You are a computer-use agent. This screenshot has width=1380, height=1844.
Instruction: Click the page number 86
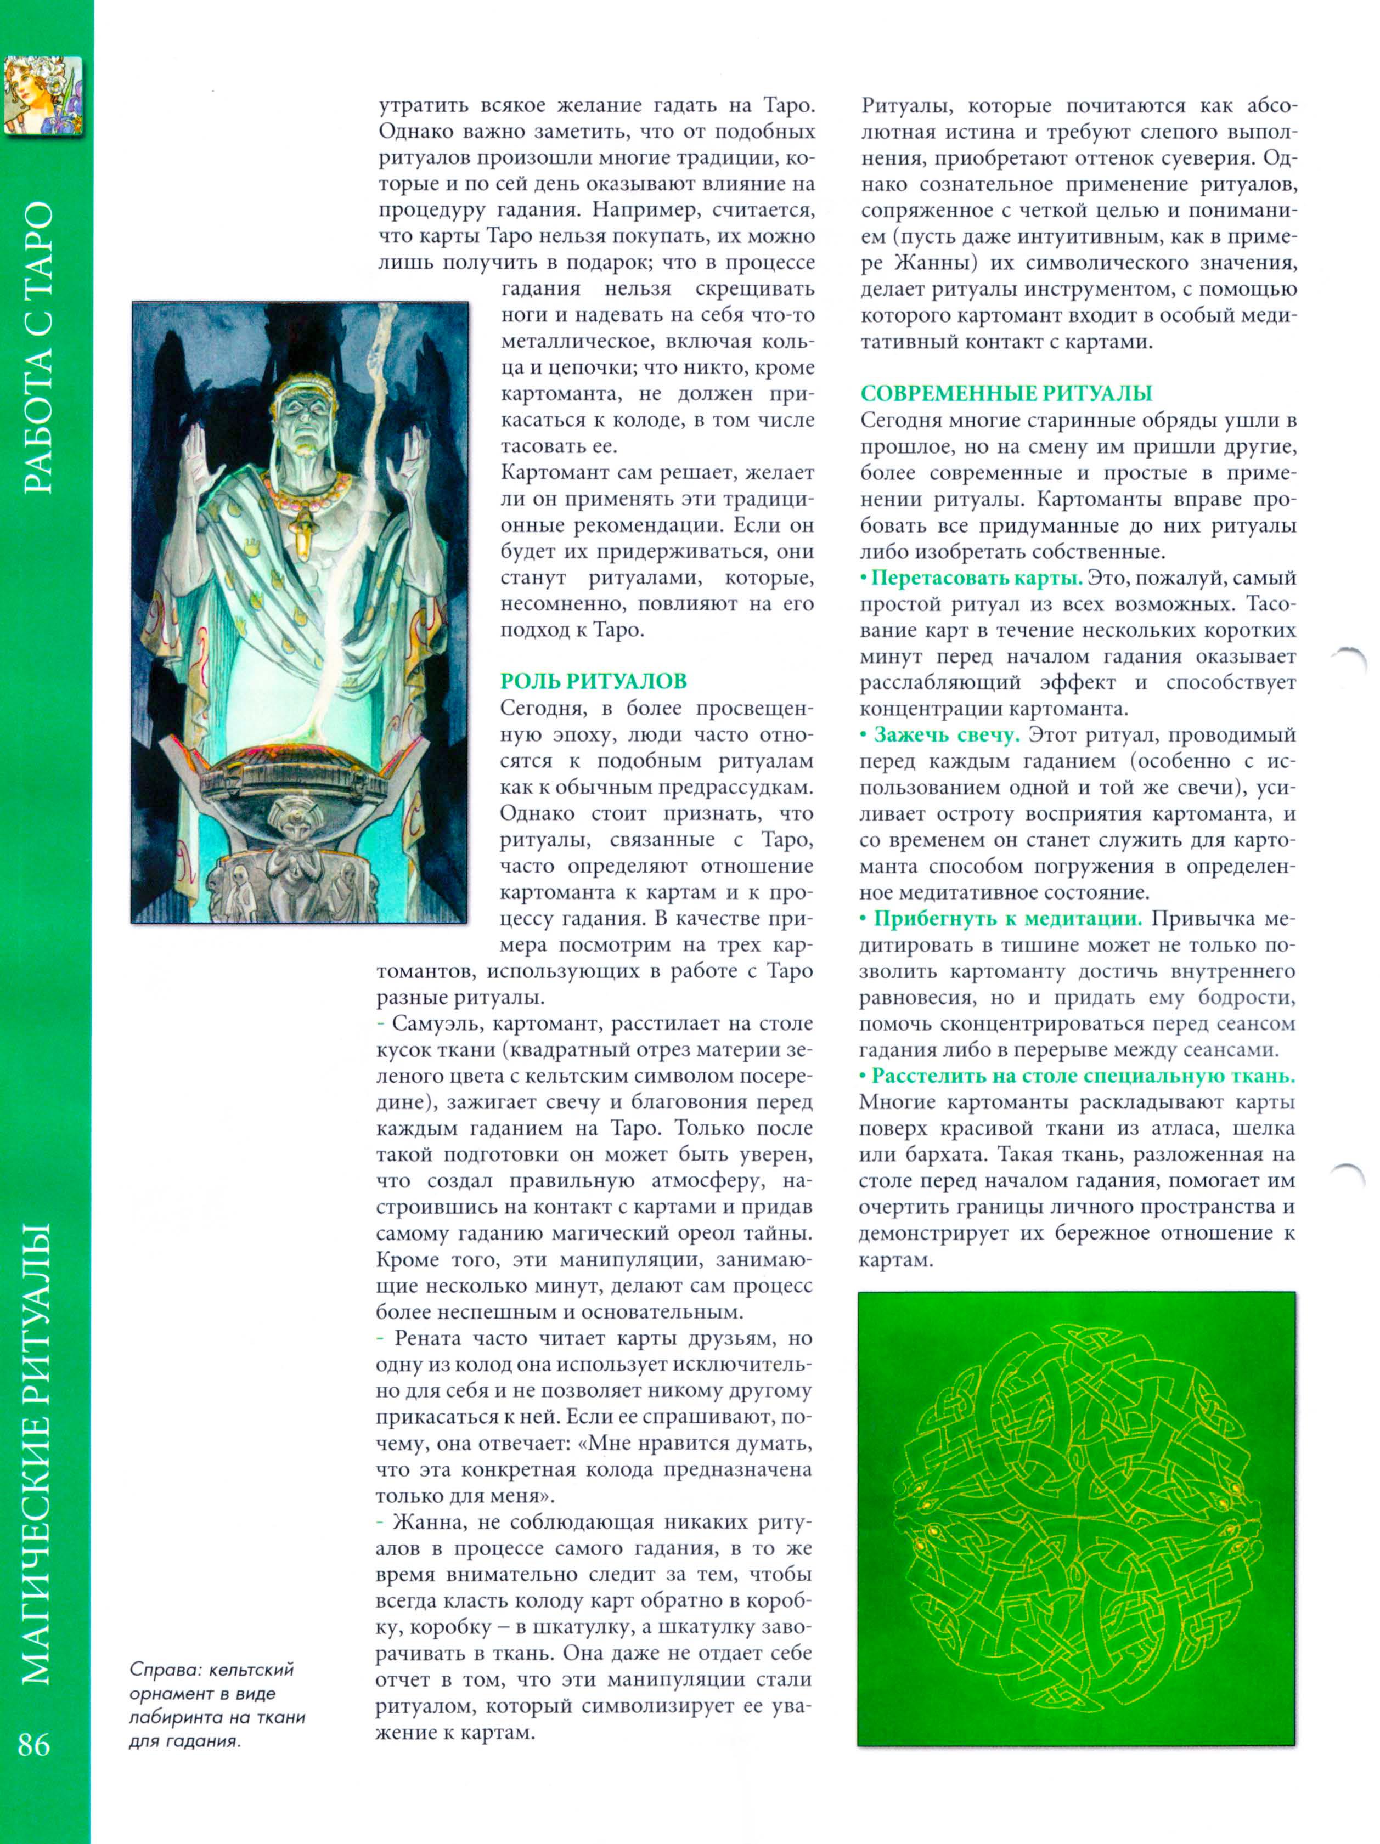34,1744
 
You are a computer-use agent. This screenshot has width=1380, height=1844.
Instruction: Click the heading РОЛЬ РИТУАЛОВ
593,681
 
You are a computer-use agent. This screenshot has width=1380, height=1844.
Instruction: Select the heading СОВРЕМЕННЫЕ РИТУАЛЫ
1006,393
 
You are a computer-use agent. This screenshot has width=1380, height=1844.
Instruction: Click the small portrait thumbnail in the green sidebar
43,96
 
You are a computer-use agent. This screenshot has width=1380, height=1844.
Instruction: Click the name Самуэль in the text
436,1023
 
